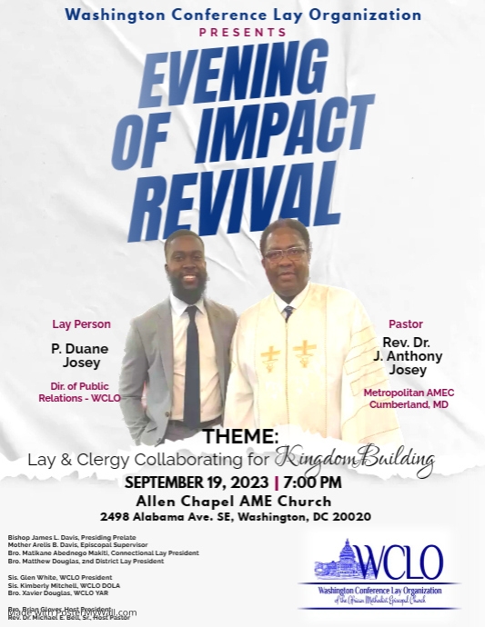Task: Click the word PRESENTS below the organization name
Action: pyautogui.click(x=242, y=33)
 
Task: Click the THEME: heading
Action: pyautogui.click(x=240, y=436)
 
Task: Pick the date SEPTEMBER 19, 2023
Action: pyautogui.click(x=195, y=482)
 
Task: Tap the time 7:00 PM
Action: pyautogui.click(x=311, y=482)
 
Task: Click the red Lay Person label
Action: pyautogui.click(x=81, y=324)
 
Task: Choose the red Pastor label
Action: pyautogui.click(x=406, y=323)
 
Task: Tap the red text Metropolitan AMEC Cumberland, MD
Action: pyautogui.click(x=409, y=398)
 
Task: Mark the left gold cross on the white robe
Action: pyautogui.click(x=270, y=356)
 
